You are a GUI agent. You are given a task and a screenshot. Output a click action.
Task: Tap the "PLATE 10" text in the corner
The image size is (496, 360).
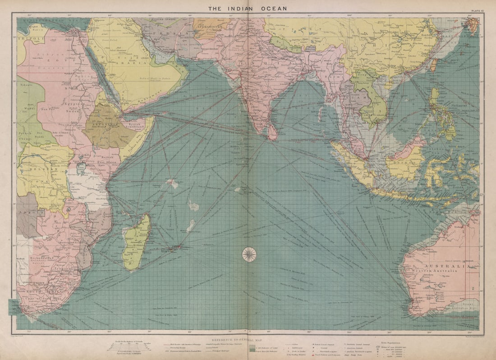[477, 10]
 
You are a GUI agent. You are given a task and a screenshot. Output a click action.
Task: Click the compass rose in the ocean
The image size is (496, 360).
[249, 254]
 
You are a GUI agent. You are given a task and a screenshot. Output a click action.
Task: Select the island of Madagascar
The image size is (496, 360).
[137, 242]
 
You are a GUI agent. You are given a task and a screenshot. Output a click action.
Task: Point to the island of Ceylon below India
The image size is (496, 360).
[272, 132]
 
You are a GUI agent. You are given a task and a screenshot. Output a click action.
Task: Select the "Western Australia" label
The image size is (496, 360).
[435, 272]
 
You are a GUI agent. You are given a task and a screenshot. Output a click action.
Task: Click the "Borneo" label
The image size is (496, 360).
[400, 159]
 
